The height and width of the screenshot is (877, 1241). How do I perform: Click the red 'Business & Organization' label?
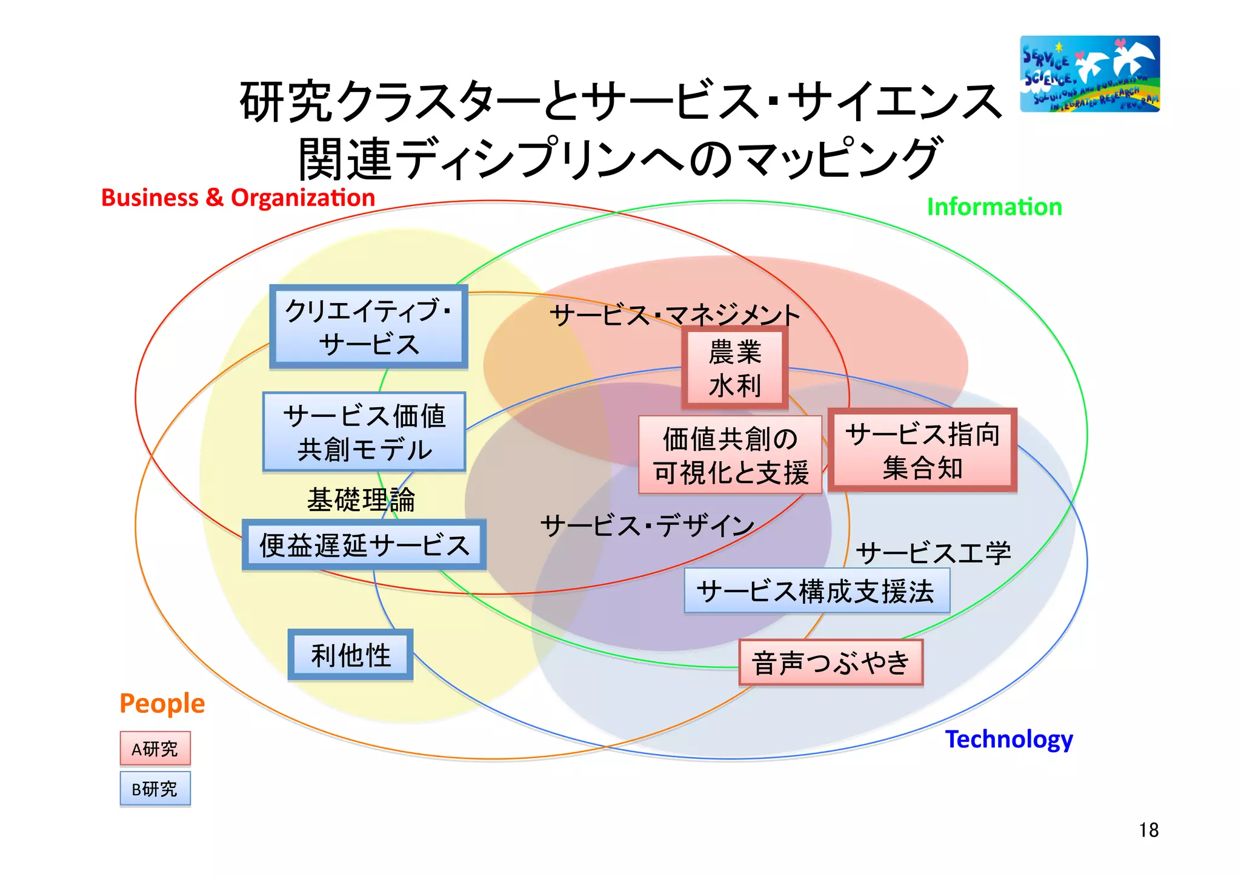(238, 198)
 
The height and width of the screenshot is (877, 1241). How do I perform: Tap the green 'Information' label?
(994, 207)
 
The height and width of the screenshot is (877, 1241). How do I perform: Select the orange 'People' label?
(162, 703)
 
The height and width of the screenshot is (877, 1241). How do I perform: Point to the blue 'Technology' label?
(1009, 739)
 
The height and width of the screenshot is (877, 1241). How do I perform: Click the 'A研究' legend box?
(155, 749)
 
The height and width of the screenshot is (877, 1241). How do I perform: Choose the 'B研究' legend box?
(155, 789)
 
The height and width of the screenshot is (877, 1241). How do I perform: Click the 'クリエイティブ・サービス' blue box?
(368, 327)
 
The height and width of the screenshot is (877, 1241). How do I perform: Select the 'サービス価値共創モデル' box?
(364, 432)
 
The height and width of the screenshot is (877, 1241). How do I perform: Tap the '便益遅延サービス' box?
(364, 545)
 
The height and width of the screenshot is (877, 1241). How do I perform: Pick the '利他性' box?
(350, 655)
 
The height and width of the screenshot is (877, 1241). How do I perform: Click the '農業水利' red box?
(734, 368)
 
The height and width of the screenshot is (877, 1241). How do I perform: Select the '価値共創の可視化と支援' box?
(730, 455)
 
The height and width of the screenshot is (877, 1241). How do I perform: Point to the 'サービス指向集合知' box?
(922, 450)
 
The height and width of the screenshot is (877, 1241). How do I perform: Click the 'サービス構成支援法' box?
(816, 591)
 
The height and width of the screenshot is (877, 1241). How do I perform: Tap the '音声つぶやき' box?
(831, 662)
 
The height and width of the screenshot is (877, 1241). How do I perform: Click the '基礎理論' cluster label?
(361, 500)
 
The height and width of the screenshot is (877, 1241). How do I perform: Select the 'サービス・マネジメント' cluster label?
(674, 315)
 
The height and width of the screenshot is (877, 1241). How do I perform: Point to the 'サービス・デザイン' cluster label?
(647, 525)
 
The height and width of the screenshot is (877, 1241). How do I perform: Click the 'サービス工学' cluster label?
(933, 553)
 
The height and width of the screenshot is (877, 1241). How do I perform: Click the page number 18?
(1148, 830)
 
